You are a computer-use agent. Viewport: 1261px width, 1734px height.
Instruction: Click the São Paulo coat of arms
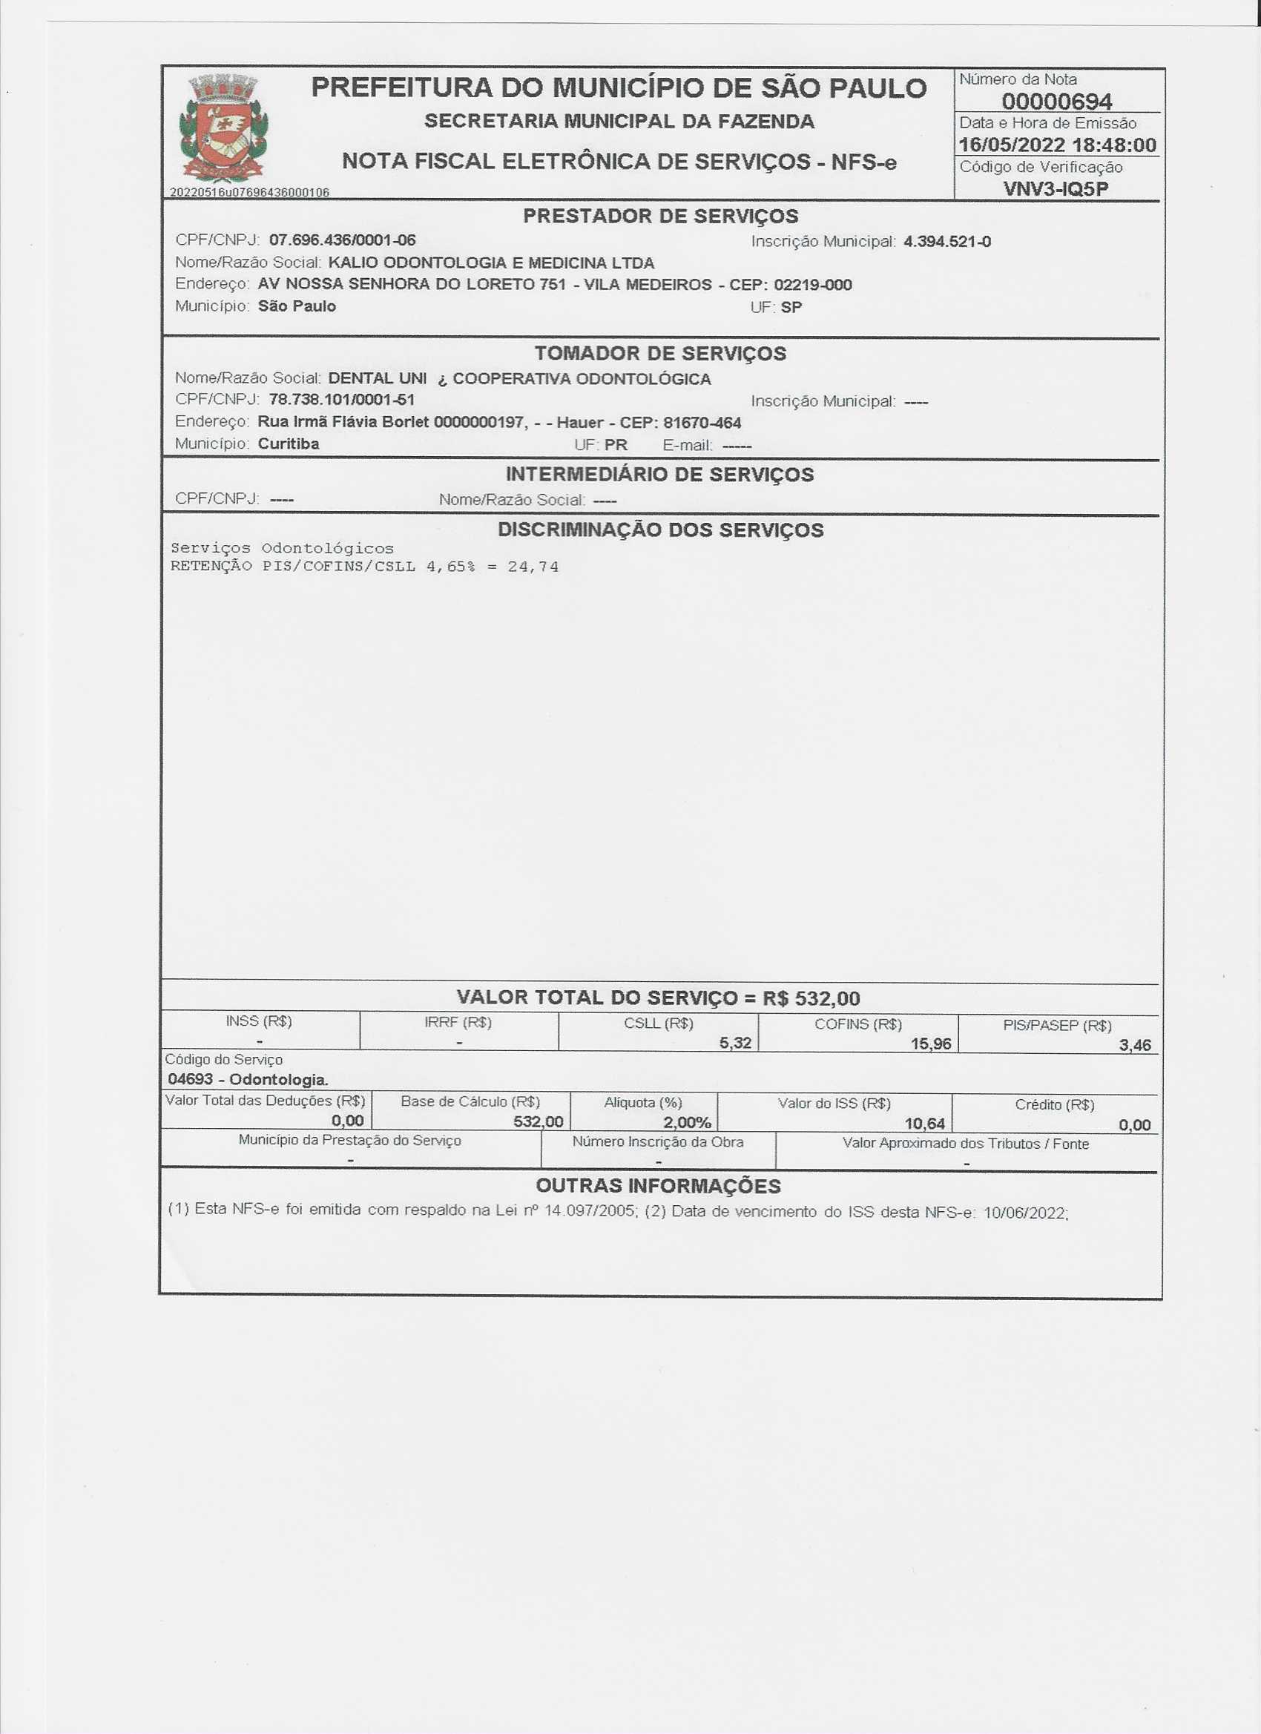click(x=223, y=127)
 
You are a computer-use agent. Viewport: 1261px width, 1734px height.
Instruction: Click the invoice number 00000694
click(x=1057, y=101)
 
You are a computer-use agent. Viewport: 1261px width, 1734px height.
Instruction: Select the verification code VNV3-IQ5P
click(x=1056, y=189)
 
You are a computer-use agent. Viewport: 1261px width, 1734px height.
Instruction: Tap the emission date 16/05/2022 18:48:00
click(x=1058, y=145)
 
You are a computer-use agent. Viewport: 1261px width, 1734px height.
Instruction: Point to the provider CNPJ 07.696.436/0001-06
click(x=343, y=240)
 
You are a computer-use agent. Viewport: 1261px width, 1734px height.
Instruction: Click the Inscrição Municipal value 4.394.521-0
click(x=947, y=242)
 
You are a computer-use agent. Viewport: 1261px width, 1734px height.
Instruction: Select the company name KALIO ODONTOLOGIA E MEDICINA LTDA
click(x=491, y=263)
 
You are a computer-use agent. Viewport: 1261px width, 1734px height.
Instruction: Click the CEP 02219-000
click(x=813, y=286)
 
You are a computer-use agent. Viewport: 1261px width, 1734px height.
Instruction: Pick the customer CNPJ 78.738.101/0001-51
click(x=342, y=399)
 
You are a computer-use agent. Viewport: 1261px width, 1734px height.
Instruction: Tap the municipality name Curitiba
click(x=289, y=444)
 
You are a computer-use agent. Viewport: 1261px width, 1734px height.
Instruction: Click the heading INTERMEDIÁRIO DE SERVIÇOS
click(x=659, y=475)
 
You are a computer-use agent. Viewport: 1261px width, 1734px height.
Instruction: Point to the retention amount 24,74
click(x=533, y=567)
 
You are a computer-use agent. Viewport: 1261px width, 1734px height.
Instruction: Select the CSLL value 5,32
click(x=735, y=1043)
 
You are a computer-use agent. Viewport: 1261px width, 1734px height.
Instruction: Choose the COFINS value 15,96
click(x=931, y=1044)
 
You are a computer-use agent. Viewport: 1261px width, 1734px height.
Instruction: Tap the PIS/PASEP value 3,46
click(x=1135, y=1045)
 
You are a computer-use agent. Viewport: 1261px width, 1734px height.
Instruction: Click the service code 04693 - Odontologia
click(x=248, y=1080)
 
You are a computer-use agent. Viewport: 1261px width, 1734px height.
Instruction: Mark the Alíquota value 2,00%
click(x=687, y=1121)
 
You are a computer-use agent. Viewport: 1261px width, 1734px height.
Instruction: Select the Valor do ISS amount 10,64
click(x=924, y=1123)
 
